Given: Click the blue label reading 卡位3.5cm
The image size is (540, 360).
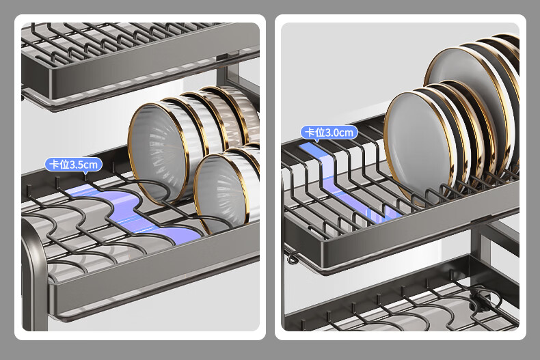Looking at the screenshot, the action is click(x=74, y=164).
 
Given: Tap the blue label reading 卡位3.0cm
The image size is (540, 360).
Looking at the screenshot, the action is click(x=329, y=132).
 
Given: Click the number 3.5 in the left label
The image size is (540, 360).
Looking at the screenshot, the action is click(x=77, y=165).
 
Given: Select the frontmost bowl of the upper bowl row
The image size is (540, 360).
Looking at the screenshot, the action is click(x=162, y=152).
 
